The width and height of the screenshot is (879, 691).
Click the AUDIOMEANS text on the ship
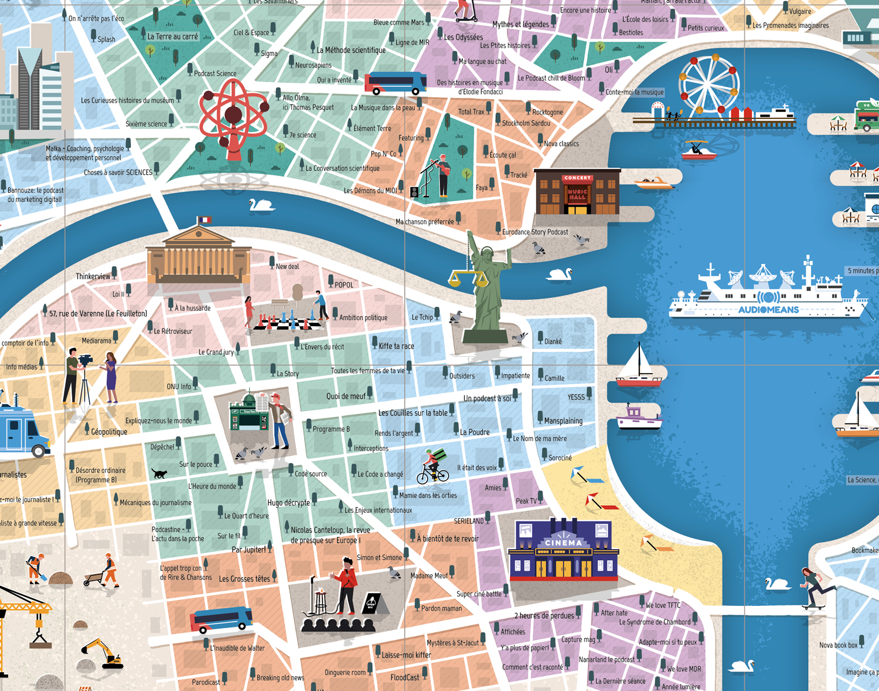click(x=768, y=310)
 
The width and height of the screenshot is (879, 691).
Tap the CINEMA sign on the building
click(x=563, y=543)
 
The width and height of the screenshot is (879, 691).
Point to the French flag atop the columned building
click(x=204, y=220)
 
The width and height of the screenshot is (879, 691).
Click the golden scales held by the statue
click(x=468, y=277)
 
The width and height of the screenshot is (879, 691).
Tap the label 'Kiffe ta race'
click(x=396, y=346)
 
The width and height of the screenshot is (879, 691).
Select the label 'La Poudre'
click(x=475, y=432)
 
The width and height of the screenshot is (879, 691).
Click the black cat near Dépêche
click(x=159, y=473)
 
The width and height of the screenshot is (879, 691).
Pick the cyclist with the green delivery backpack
click(x=432, y=468)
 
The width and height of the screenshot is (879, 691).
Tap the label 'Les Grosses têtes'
click(x=244, y=579)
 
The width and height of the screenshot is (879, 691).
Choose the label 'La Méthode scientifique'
click(x=351, y=50)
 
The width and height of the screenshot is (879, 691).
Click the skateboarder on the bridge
click(x=813, y=588)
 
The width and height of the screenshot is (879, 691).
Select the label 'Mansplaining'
click(x=563, y=421)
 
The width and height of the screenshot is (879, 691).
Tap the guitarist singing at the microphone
click(x=442, y=175)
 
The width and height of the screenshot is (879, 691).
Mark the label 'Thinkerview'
click(x=93, y=276)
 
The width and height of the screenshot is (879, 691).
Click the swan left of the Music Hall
click(x=261, y=205)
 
